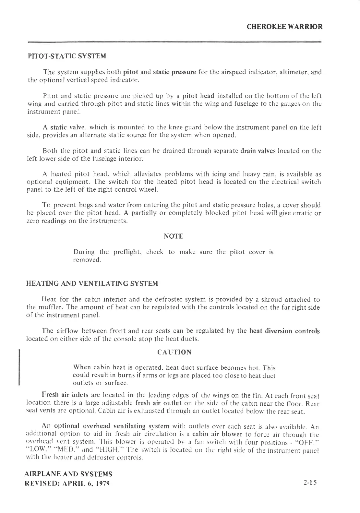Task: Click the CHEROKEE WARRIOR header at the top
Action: [284, 27]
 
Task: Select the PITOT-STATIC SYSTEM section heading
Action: [67, 56]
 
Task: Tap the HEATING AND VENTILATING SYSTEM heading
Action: [92, 284]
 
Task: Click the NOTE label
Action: [174, 236]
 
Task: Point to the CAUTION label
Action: [174, 352]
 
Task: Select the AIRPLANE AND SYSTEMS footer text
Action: [68, 474]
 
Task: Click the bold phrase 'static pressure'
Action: [174, 72]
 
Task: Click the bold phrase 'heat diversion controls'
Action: [284, 331]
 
